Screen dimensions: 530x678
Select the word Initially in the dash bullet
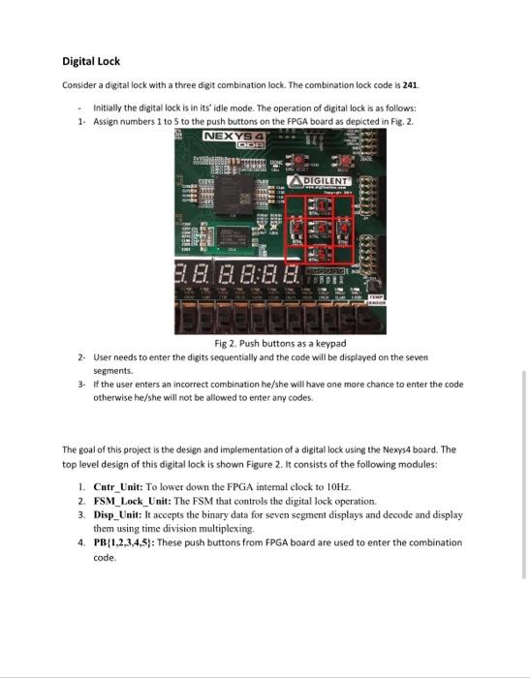coord(109,109)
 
